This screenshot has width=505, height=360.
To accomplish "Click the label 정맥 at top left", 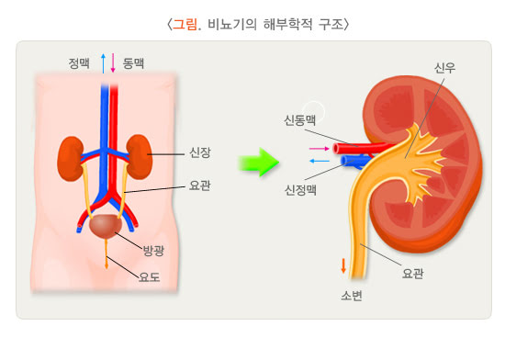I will pos(80,63).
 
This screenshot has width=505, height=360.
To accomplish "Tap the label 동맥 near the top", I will pos(133,63).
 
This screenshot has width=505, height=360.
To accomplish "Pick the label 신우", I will pos(443,67).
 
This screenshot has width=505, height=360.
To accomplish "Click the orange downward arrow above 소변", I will pos(344,267).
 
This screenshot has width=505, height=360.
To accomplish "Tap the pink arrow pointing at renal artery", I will pos(319,147).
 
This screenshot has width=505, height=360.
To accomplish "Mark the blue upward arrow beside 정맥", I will pos(103,63).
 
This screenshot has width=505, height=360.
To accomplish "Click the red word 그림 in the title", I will pos(186,22).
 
